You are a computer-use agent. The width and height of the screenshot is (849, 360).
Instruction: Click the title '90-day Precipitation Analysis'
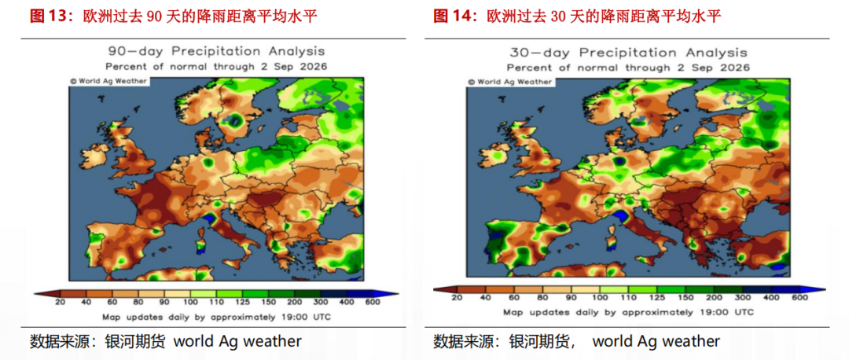(217, 51)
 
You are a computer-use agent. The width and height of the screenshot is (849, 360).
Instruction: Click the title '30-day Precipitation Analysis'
(628, 53)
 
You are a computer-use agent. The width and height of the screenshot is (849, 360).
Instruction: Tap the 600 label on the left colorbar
(373, 303)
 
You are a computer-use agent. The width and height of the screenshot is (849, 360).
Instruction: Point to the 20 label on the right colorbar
(457, 298)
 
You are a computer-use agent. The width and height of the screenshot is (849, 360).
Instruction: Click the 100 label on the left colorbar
(190, 303)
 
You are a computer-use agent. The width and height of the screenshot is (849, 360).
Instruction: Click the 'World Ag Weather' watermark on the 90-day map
(108, 81)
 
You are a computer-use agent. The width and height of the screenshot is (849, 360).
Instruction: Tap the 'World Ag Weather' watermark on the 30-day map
(509, 82)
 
